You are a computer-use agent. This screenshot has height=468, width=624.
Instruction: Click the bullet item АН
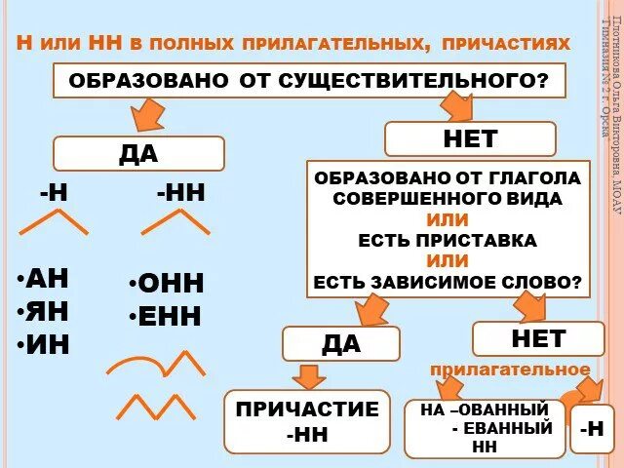click(45, 278)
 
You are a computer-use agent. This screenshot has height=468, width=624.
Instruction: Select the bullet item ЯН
click(45, 311)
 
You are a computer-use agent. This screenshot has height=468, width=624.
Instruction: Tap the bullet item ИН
click(45, 344)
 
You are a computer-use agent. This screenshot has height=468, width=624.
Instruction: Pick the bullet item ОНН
click(166, 284)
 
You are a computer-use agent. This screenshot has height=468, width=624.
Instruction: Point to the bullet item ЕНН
click(166, 316)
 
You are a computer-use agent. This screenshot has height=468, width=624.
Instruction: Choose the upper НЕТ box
click(470, 139)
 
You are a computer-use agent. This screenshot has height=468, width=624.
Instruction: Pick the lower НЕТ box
click(537, 338)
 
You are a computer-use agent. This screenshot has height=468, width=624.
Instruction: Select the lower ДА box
click(340, 344)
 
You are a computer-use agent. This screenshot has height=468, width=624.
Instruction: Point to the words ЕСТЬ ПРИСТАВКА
click(448, 240)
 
